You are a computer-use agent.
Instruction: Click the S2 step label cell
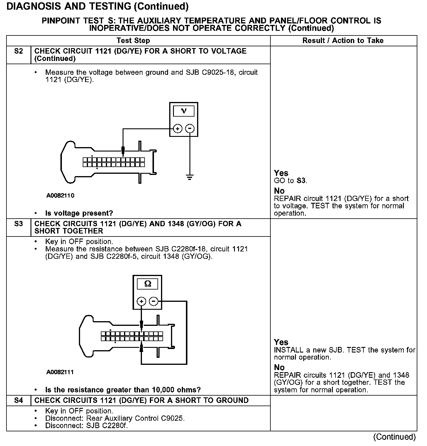tap(18, 52)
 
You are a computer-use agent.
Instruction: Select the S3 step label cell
tap(18, 224)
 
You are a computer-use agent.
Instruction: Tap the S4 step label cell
tap(18, 401)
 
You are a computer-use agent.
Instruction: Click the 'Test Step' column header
tap(133, 41)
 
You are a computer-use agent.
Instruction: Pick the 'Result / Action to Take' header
tap(343, 41)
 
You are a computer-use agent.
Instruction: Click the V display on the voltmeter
tap(184, 111)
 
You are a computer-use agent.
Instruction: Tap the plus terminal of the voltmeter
tap(178, 128)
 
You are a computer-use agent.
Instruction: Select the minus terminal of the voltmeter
tap(190, 128)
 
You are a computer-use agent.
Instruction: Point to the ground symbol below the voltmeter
tap(190, 177)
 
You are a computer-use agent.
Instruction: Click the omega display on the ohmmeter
tap(148, 284)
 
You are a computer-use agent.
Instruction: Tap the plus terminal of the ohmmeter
tap(141, 301)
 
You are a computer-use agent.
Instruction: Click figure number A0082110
tap(60, 196)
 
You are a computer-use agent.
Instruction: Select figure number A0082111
tap(60, 372)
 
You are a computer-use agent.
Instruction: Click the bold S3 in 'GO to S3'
tap(301, 181)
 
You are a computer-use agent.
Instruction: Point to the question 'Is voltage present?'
tap(79, 213)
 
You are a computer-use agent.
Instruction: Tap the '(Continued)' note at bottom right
tap(394, 437)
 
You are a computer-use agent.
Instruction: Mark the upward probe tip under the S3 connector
tap(142, 347)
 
